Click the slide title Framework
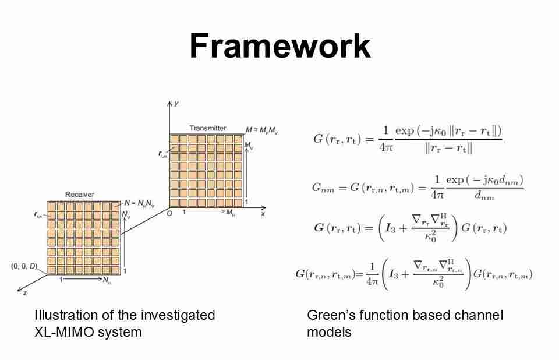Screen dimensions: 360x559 point(279,46)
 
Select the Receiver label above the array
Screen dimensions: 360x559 point(80,195)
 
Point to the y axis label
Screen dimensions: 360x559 point(176,103)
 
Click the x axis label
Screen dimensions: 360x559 point(263,214)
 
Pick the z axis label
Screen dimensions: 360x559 point(24,293)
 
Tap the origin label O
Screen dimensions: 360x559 point(170,213)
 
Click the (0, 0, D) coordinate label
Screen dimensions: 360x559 point(23,266)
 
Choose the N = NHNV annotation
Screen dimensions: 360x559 point(139,203)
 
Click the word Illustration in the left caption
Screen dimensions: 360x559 point(65,316)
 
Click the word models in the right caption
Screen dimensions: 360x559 point(329,332)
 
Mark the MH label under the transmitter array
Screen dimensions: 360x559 point(231,214)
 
